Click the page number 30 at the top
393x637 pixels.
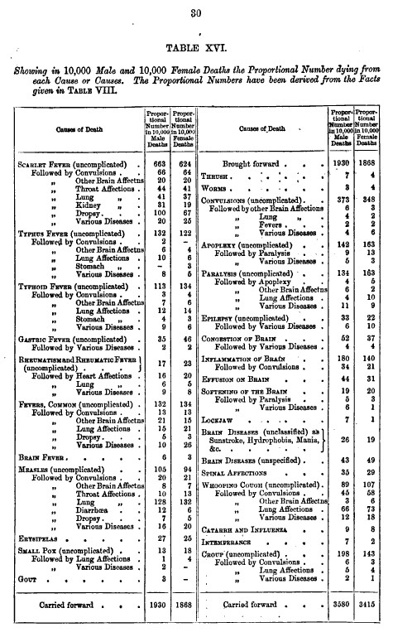196,11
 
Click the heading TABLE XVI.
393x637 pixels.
196,49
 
